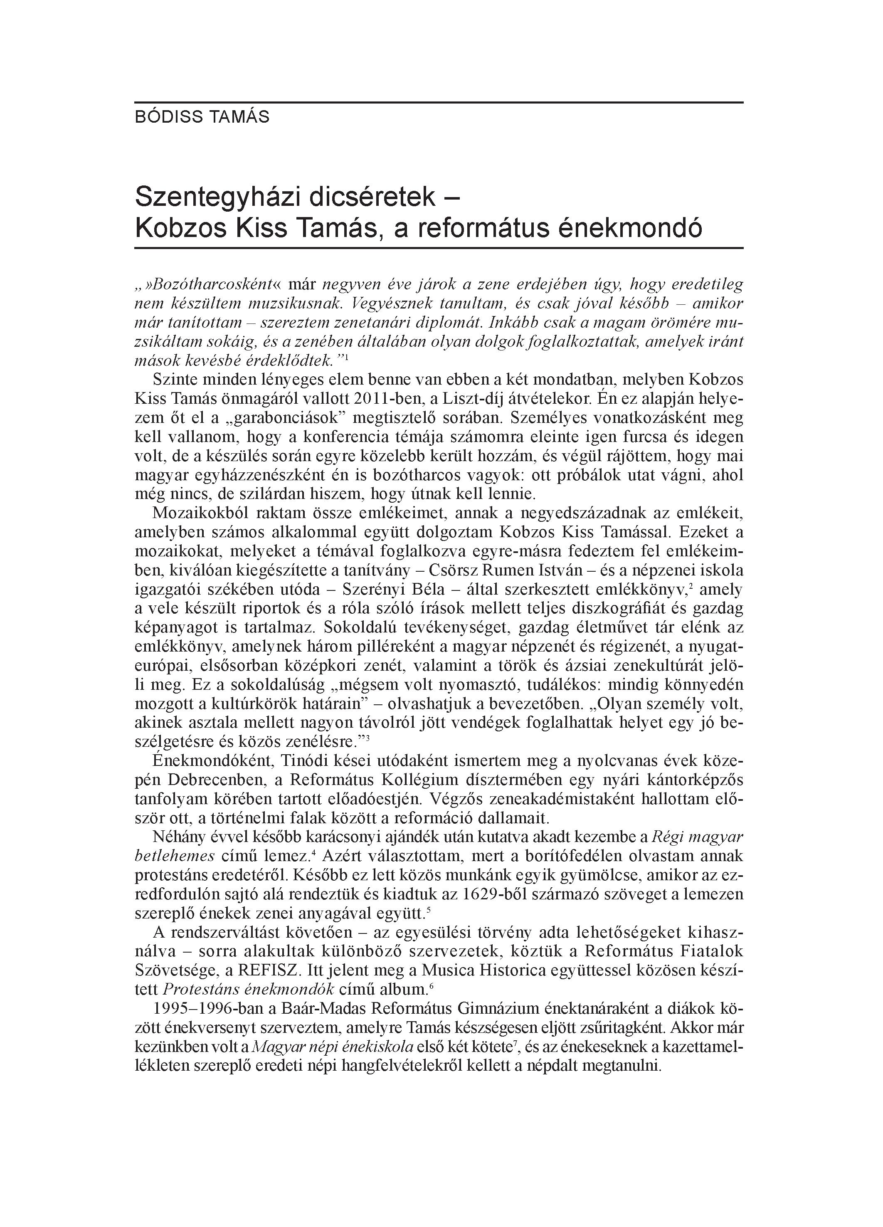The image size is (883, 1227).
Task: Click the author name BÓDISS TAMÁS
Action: coord(202,117)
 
